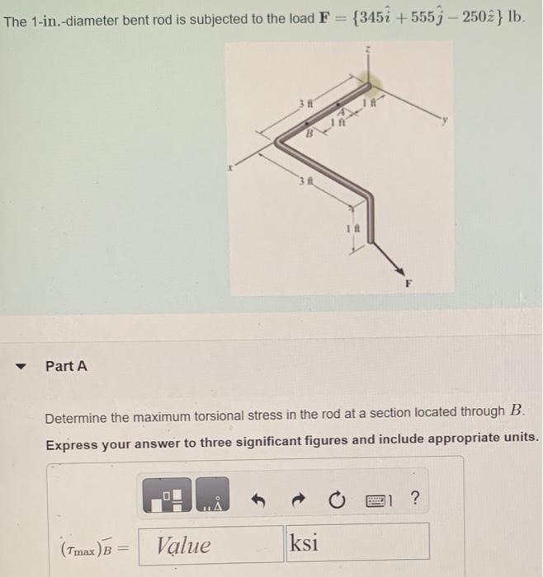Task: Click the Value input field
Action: [x=210, y=545]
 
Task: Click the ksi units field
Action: [x=357, y=544]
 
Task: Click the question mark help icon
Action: [x=414, y=497]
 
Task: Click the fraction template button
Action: [x=170, y=497]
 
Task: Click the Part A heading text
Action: [x=66, y=365]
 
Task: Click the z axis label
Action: [x=369, y=49]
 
